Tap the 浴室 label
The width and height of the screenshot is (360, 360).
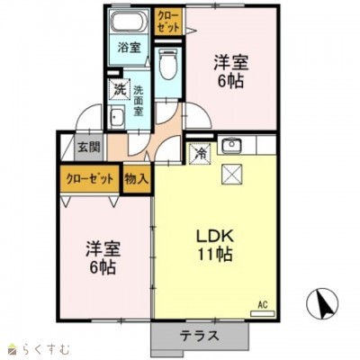(129, 49)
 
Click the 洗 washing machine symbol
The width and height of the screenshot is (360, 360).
(119, 90)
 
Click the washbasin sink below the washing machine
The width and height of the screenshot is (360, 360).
(117, 119)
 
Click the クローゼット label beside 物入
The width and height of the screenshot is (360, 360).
(89, 178)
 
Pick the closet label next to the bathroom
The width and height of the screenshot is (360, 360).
(167, 20)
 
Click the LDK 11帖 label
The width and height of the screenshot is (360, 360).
(215, 245)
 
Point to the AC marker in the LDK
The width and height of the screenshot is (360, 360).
(263, 305)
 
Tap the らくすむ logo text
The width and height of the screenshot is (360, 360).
(41, 347)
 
